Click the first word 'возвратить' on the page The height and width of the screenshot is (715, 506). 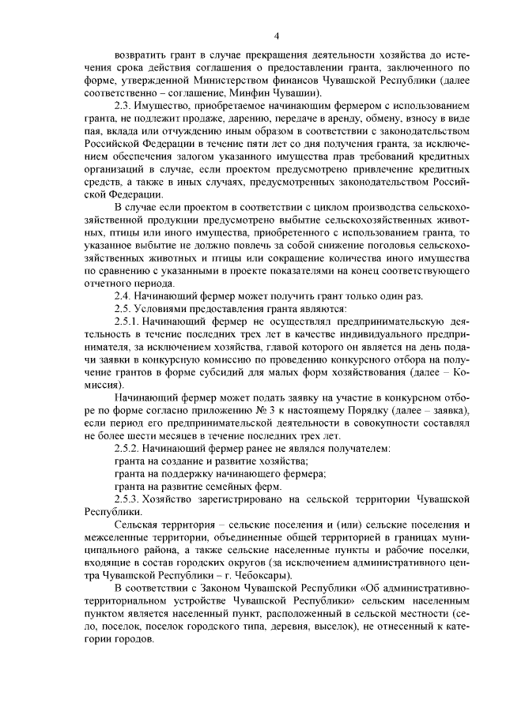[x=140, y=55]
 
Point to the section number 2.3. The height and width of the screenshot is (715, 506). [x=124, y=107]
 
